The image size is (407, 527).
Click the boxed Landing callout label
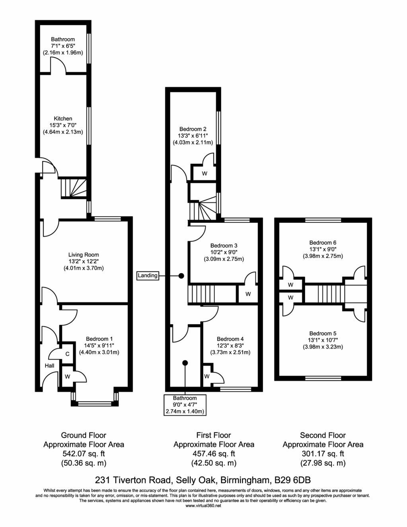click(x=148, y=276)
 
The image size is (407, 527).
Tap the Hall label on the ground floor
click(x=49, y=366)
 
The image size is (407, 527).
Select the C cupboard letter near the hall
click(x=67, y=354)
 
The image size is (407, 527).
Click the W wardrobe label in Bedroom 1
click(x=67, y=376)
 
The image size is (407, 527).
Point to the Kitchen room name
click(x=63, y=119)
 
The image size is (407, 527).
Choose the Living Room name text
click(x=84, y=255)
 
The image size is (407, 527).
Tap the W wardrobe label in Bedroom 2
click(x=205, y=173)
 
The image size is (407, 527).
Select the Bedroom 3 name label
click(x=224, y=246)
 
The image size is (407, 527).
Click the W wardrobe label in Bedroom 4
click(x=206, y=376)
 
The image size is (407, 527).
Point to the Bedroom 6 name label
click(x=323, y=243)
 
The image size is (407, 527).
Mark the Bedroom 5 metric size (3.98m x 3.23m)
click(x=323, y=347)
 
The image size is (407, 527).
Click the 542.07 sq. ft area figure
click(x=84, y=453)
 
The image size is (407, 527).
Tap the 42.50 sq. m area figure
click(x=214, y=463)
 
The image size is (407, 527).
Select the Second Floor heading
click(x=323, y=435)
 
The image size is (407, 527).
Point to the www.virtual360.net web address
click(x=203, y=506)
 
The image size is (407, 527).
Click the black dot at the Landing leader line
click(x=181, y=276)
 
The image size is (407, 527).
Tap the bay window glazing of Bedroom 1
click(x=95, y=404)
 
